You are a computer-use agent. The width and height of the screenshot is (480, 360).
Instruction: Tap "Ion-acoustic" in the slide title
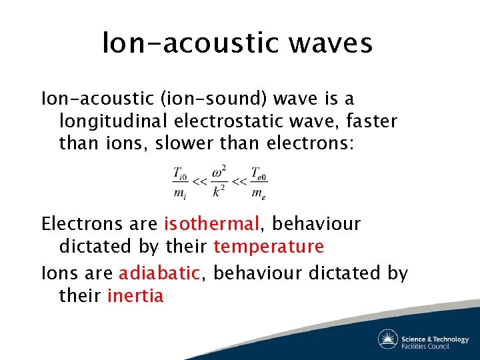[x=189, y=44]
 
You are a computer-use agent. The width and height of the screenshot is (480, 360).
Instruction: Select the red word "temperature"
[x=269, y=247]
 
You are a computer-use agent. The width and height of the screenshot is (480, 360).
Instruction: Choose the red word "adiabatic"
[x=159, y=272]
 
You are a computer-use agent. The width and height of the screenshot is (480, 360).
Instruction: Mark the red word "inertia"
[x=135, y=295]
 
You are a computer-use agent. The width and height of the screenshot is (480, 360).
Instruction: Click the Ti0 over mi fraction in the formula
[x=180, y=183]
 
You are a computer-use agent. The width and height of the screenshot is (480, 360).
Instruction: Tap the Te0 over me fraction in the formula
[x=259, y=183]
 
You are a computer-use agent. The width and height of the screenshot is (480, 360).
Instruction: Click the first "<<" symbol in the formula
[x=199, y=182]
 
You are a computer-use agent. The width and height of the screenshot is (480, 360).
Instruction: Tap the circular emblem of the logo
[x=388, y=339]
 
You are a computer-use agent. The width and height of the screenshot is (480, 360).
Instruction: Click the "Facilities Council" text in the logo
[x=425, y=345]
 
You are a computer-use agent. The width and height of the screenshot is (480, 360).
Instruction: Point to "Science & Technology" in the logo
[x=435, y=338]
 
